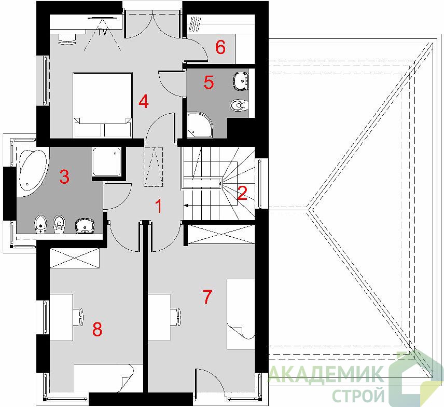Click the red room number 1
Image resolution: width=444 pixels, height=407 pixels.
click(159, 206)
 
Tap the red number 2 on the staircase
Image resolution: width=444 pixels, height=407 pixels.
click(242, 193)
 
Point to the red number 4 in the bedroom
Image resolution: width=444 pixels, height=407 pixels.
click(144, 101)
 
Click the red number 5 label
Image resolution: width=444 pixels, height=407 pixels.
click(209, 83)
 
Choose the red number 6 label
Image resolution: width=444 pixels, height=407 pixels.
click(220, 47)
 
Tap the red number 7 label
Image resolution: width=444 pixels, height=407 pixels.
click(207, 297)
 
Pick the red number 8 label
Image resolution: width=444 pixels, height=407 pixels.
click(98, 329)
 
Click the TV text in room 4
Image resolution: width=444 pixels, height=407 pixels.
click(103, 32)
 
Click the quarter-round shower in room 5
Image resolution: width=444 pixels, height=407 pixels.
click(199, 125)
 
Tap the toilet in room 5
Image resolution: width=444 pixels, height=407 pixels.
click(239, 106)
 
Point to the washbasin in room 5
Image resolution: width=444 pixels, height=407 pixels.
click(241, 80)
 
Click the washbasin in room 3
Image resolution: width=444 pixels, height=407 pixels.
click(85, 226)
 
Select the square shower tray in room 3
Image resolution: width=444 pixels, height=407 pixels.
click(106, 162)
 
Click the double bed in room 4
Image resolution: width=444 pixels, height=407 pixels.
click(103, 105)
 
